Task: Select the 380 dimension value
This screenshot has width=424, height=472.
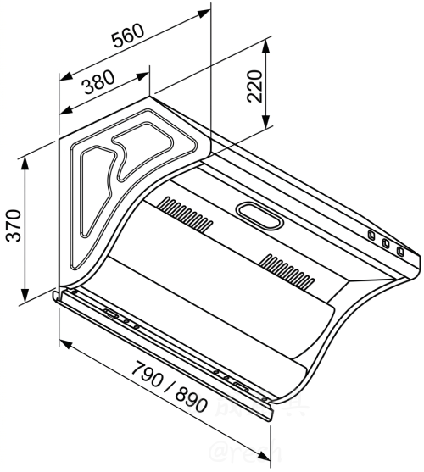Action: pyautogui.click(x=99, y=83)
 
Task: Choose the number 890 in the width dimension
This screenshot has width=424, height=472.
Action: pyautogui.click(x=191, y=399)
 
